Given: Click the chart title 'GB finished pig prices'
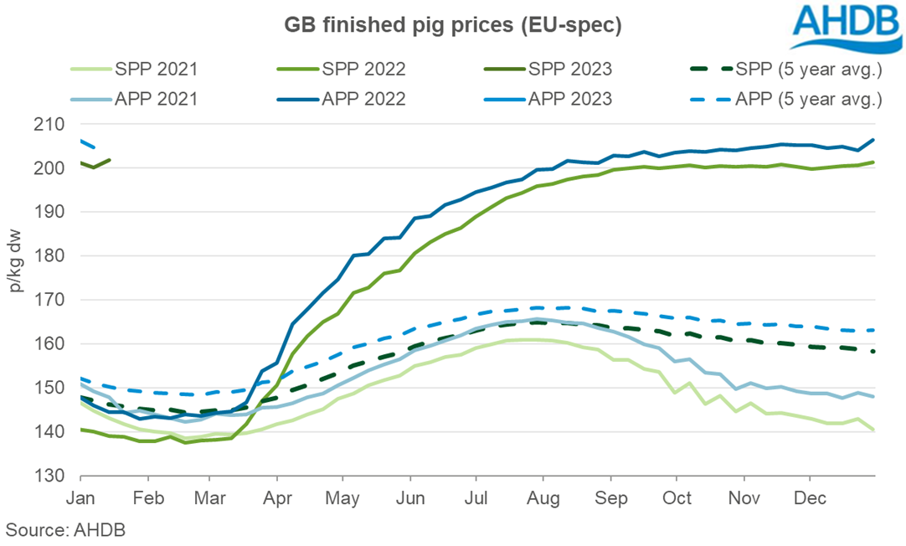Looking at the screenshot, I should click(452, 26).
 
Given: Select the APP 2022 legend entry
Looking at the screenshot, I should click(365, 98).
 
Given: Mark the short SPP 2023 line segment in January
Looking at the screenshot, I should click(95, 165).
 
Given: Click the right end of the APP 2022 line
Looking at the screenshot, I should click(873, 140).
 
